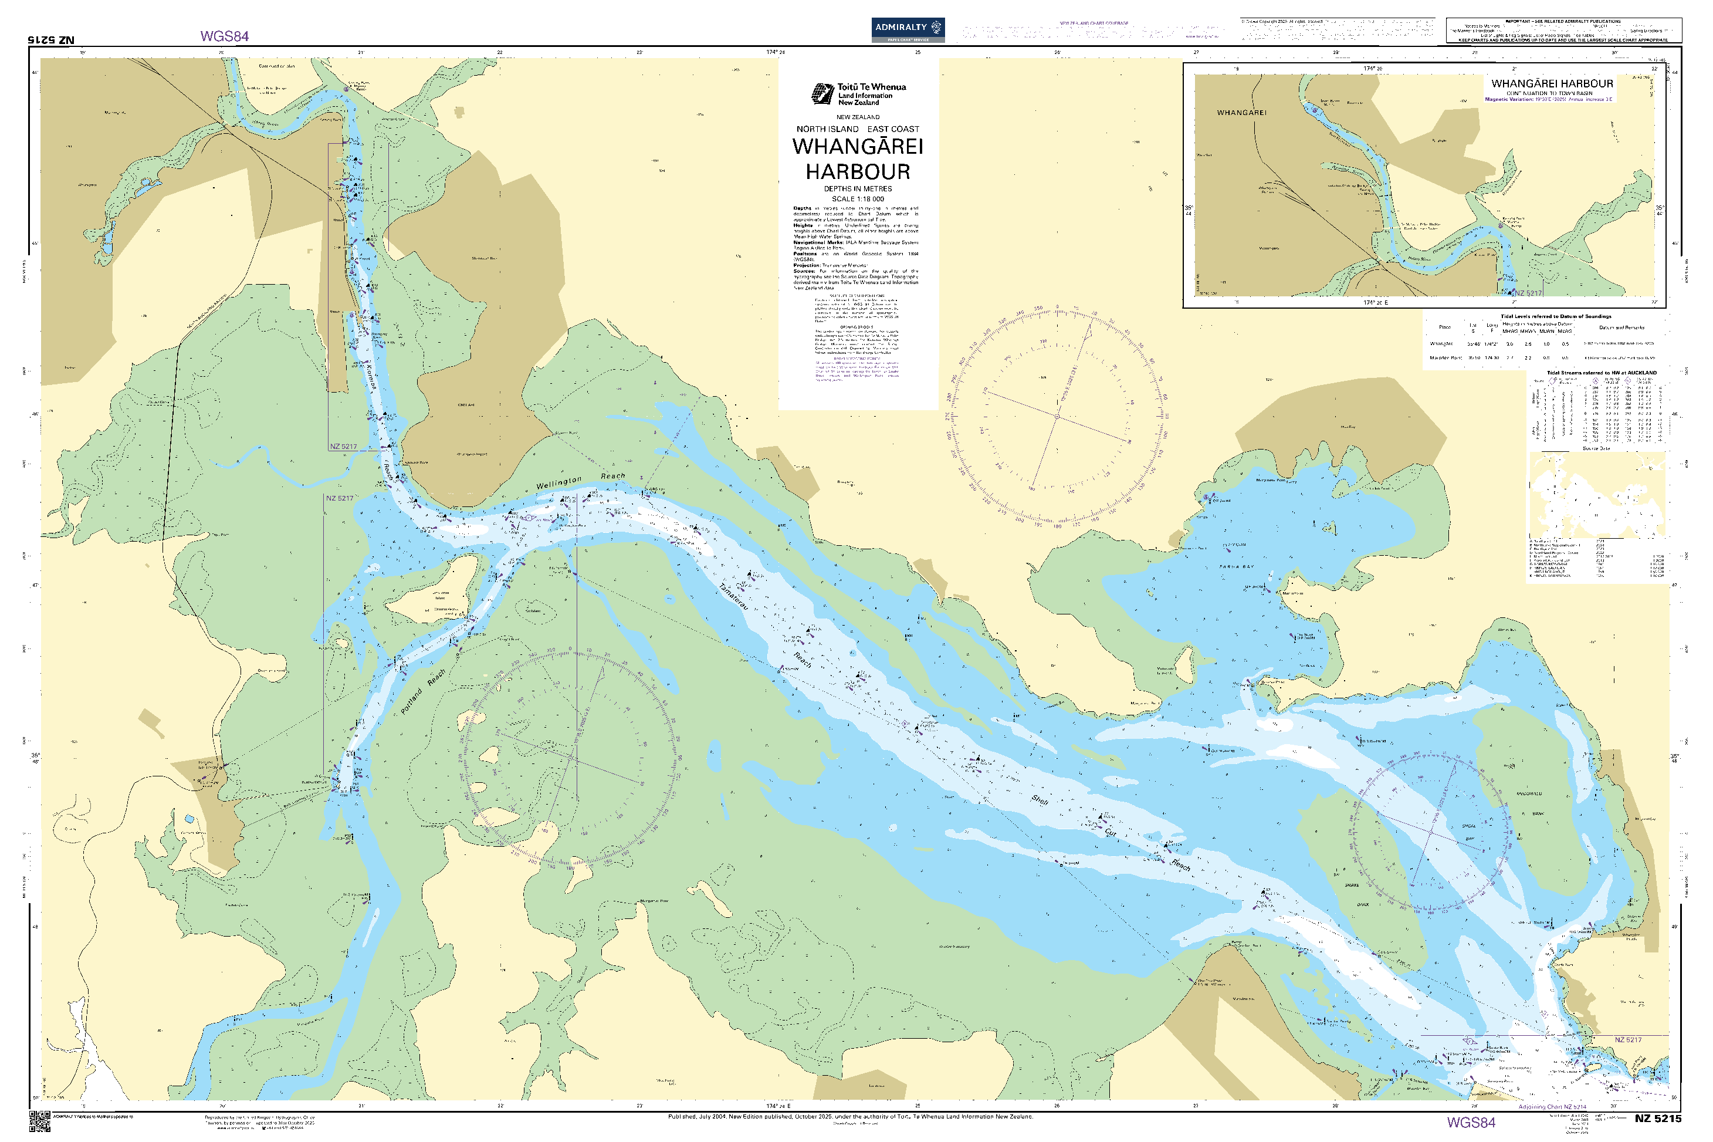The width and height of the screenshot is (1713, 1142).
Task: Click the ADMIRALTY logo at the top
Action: click(907, 29)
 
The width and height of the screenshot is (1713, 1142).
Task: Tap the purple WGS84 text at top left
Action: click(224, 36)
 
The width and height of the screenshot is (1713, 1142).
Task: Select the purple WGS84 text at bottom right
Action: click(1471, 1122)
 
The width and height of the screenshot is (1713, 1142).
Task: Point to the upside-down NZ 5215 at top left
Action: click(51, 40)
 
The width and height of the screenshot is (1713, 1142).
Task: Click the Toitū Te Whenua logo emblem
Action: click(822, 94)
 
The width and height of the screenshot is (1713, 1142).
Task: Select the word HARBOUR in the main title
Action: click(858, 172)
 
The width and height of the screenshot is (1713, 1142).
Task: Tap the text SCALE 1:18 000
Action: click(858, 199)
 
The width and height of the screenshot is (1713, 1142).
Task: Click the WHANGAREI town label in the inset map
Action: click(1241, 113)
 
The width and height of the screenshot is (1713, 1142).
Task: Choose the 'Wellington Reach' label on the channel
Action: click(580, 480)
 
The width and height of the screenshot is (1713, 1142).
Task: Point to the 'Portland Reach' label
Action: click(423, 692)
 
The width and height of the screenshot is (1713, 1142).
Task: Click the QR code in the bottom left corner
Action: click(40, 1121)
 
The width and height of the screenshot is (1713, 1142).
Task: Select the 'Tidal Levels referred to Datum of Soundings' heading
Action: click(1555, 316)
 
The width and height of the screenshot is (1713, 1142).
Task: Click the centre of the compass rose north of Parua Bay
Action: click(1057, 417)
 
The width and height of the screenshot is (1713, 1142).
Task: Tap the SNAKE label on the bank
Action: click(1351, 886)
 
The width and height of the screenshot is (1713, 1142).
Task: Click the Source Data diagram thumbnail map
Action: click(1596, 495)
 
